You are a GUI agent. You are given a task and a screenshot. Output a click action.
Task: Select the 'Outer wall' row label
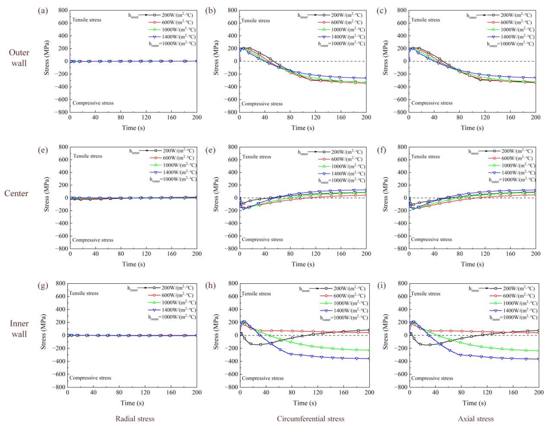tap(19, 58)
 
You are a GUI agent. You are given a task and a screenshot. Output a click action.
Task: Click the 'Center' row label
tap(16, 193)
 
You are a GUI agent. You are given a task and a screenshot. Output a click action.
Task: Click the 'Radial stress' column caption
tap(135, 419)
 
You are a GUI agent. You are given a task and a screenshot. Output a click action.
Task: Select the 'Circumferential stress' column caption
tap(310, 419)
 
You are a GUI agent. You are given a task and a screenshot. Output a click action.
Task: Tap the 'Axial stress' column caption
tap(476, 419)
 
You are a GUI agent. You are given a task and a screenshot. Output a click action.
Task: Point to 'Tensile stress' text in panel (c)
tap(426, 20)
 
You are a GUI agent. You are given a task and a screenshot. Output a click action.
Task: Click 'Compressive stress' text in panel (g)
tap(90, 378)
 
